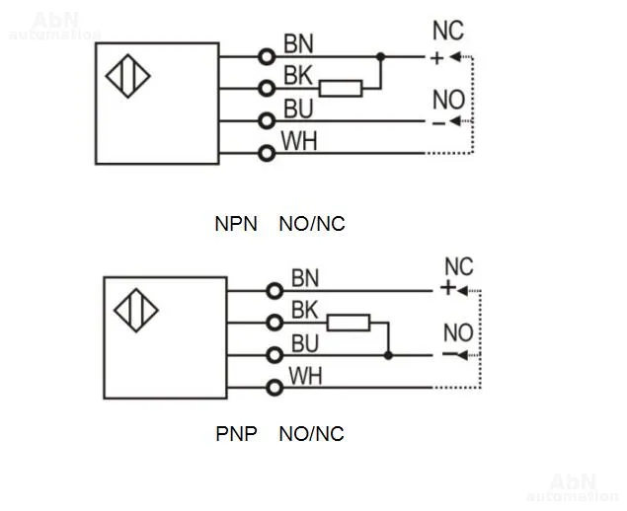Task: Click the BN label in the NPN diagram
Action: pyautogui.click(x=299, y=43)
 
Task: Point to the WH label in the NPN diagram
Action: pyautogui.click(x=299, y=140)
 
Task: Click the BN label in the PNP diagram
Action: pyautogui.click(x=305, y=278)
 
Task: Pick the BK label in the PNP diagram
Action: pyautogui.click(x=305, y=310)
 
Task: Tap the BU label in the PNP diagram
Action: pyautogui.click(x=305, y=342)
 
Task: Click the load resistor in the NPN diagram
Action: pyautogui.click(x=341, y=89)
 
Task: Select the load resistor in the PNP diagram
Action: pyautogui.click(x=348, y=322)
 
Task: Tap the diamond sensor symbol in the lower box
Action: pyautogui.click(x=136, y=310)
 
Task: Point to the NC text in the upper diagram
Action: pyautogui.click(x=447, y=32)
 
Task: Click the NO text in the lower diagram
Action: pyautogui.click(x=458, y=333)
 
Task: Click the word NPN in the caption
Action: pyautogui.click(x=236, y=224)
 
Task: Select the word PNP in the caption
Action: pyautogui.click(x=236, y=433)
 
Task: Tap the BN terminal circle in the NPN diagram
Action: pyautogui.click(x=266, y=56)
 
